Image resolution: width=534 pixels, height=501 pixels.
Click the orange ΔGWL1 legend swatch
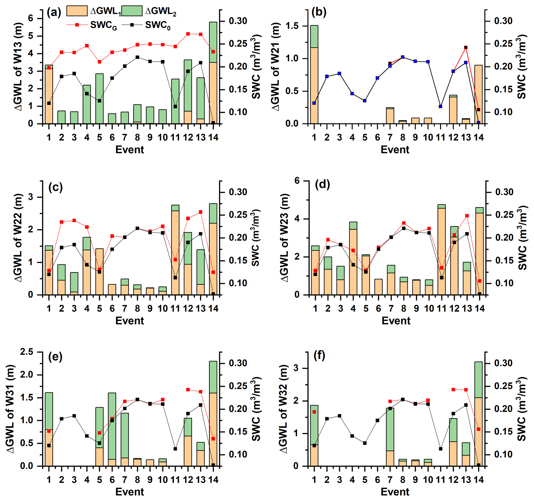(77, 11)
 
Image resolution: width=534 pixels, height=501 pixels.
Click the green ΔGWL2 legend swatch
(132, 11)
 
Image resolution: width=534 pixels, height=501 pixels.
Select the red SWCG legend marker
(77, 25)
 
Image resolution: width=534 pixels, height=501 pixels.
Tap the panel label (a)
(54, 12)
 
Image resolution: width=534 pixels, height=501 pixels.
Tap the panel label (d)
(323, 184)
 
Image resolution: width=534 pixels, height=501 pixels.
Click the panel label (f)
(319, 355)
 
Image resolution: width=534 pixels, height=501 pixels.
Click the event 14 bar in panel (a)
(213, 73)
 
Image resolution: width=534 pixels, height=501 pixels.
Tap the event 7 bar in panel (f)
(390, 437)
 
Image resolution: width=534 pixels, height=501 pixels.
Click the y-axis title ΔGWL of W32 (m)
(284, 409)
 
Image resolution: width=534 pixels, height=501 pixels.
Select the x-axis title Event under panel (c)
(130, 321)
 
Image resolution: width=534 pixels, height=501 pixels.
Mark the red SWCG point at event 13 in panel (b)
(466, 47)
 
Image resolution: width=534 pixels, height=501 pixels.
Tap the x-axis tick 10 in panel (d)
(429, 308)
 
